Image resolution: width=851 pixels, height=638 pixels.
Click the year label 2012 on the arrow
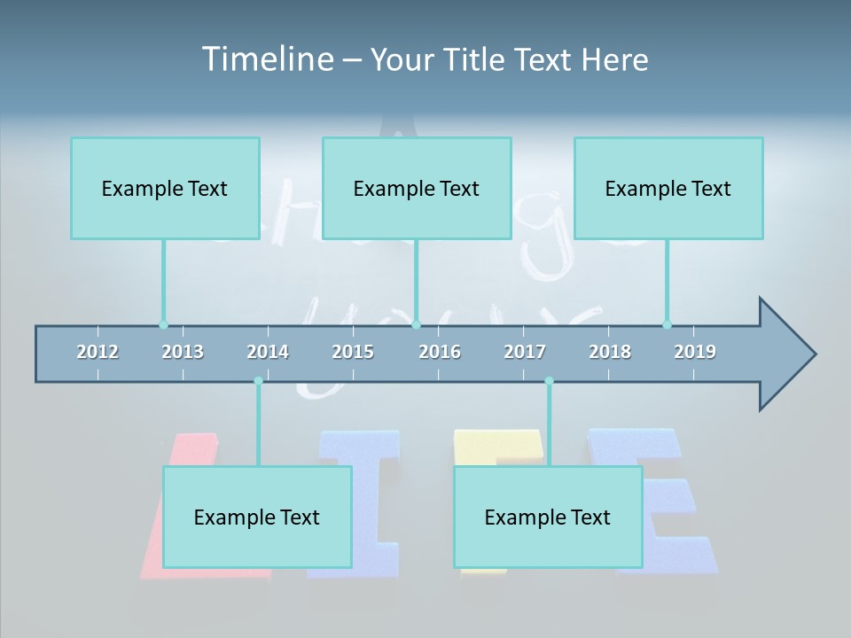click(98, 352)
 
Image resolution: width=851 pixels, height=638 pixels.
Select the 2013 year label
click(183, 352)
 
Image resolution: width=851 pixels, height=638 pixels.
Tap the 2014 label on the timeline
click(268, 352)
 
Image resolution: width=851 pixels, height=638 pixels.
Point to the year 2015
click(353, 352)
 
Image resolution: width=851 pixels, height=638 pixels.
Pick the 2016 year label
click(440, 352)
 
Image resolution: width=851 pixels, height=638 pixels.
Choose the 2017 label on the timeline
click(525, 352)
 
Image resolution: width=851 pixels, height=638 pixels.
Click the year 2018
click(610, 352)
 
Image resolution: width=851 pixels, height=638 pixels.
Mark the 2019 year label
click(695, 352)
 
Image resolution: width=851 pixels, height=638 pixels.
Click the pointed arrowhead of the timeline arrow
click(789, 354)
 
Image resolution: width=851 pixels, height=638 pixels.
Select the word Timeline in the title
click(265, 59)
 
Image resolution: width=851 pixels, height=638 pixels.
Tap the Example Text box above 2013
click(165, 188)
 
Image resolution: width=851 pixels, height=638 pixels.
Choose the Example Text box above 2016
click(417, 188)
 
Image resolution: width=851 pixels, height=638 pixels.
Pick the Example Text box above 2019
click(668, 188)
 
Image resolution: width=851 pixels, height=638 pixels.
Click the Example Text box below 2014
click(257, 517)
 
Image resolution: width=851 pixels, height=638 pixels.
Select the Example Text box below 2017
click(548, 517)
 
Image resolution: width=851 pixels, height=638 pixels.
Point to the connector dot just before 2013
click(163, 324)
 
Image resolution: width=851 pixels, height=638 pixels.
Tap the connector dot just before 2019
click(667, 324)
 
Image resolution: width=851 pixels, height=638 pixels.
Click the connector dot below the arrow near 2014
click(258, 381)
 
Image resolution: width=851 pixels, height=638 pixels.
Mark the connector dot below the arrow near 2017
click(549, 381)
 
